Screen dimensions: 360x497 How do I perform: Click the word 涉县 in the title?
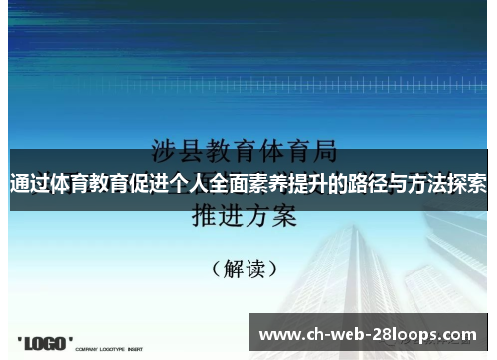pos(177,151)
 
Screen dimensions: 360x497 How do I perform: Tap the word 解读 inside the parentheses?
pos(248,268)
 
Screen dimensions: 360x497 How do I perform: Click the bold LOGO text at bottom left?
pos(45,343)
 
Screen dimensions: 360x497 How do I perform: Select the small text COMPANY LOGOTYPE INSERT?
pos(108,348)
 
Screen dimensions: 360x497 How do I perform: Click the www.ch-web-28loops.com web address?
pos(367,334)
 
